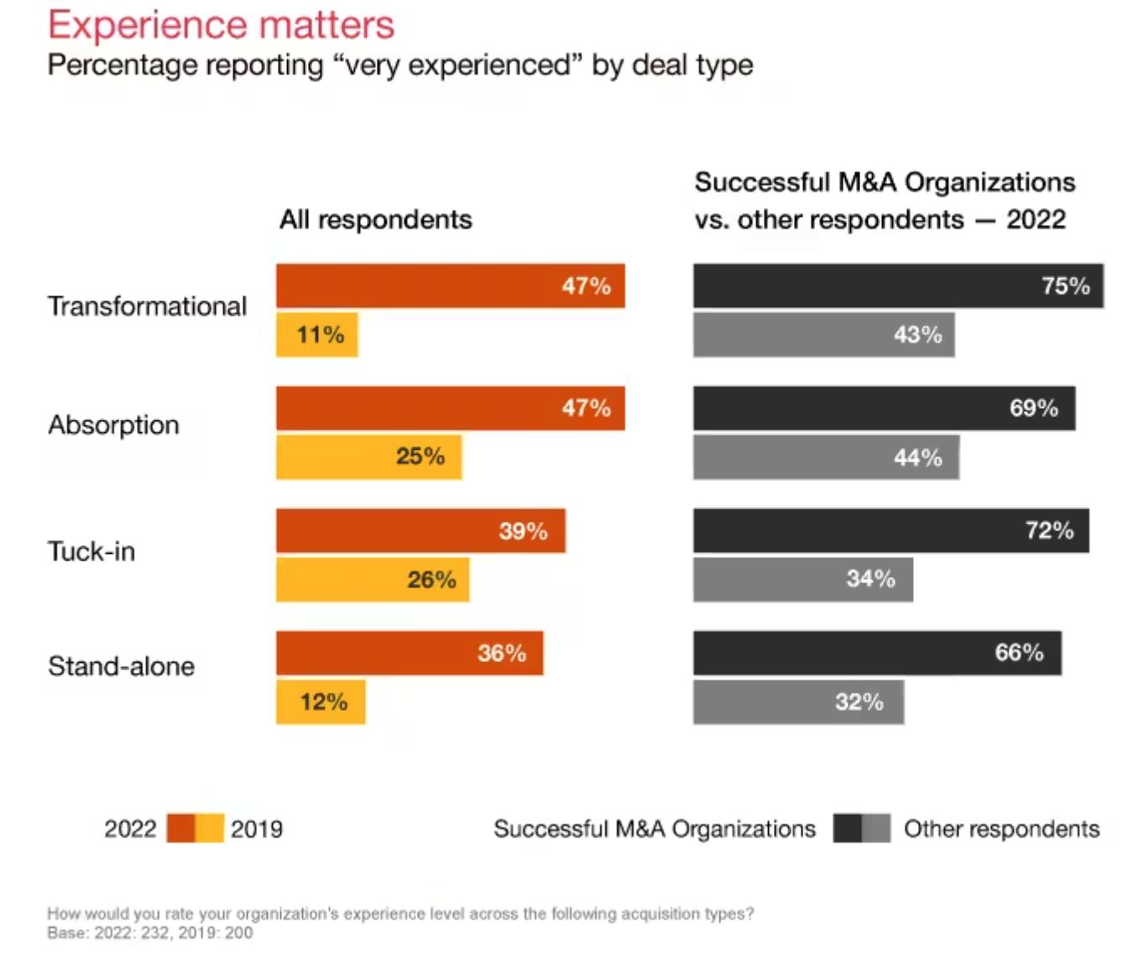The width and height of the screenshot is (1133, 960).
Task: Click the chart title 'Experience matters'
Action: pyautogui.click(x=221, y=24)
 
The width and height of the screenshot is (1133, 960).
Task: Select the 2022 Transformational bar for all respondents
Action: pyautogui.click(x=450, y=286)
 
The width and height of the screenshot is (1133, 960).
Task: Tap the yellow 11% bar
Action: pyautogui.click(x=317, y=335)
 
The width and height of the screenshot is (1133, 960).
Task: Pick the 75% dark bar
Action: pyautogui.click(x=897, y=286)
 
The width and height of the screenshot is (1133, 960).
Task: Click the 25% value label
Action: pyautogui.click(x=420, y=457)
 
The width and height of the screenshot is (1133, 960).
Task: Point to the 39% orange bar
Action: pyautogui.click(x=420, y=531)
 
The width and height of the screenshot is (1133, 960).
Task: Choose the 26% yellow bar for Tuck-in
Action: pyautogui.click(x=373, y=580)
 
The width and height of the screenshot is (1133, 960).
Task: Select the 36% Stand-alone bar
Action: pyautogui.click(x=410, y=654)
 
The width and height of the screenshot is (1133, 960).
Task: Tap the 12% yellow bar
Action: pyautogui.click(x=321, y=702)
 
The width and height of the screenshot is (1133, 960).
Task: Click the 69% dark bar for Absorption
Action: pyautogui.click(x=884, y=409)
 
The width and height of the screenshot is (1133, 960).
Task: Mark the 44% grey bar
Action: pyautogui.click(x=826, y=457)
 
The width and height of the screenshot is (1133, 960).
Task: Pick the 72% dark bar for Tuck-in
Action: pyautogui.click(x=890, y=531)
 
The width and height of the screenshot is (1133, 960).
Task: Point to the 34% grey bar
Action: pyautogui.click(x=802, y=580)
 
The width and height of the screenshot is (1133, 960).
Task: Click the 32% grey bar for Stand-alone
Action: pyautogui.click(x=798, y=702)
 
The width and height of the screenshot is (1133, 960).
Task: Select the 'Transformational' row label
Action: pyautogui.click(x=147, y=306)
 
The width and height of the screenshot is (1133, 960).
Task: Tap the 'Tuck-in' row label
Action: pyautogui.click(x=91, y=551)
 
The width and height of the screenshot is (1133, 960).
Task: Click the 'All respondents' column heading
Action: pyautogui.click(x=375, y=220)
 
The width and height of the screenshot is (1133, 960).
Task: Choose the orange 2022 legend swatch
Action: pyautogui.click(x=180, y=828)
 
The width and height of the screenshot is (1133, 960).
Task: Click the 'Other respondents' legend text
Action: pyautogui.click(x=1001, y=829)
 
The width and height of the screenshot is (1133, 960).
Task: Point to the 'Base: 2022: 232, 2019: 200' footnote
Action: pyautogui.click(x=149, y=933)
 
